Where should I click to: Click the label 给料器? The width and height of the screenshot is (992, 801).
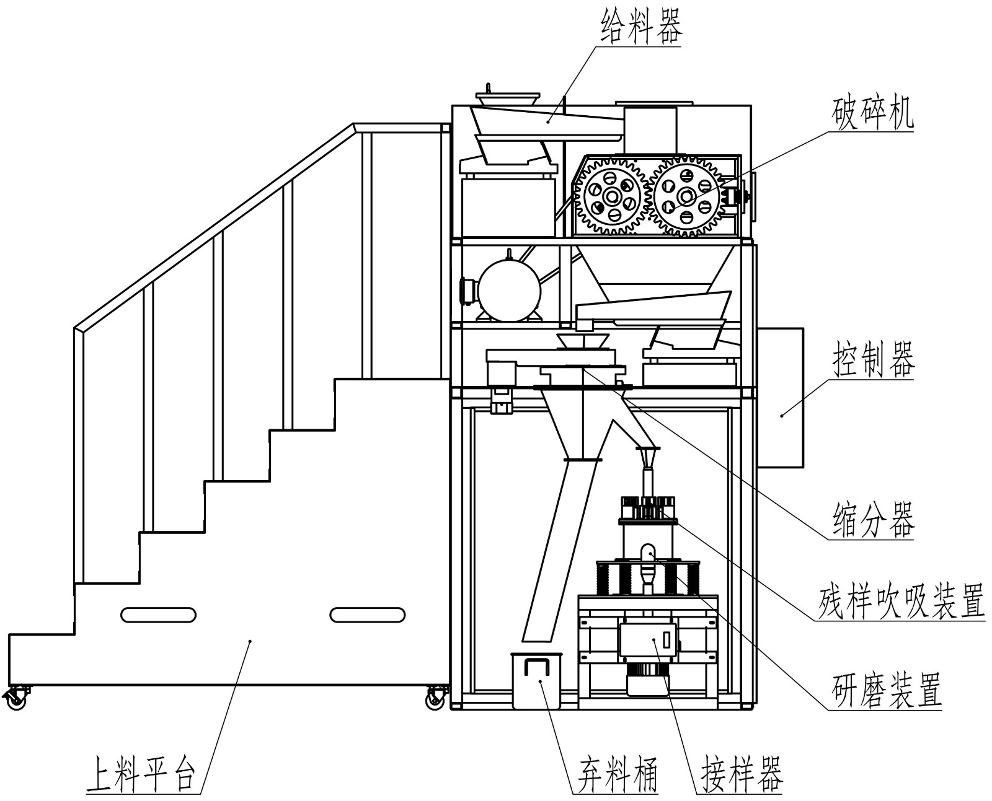(x=641, y=28)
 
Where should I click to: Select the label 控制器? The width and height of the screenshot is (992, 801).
(x=873, y=360)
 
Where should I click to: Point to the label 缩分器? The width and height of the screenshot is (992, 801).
(x=873, y=520)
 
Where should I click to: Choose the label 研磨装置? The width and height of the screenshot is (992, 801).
(x=886, y=689)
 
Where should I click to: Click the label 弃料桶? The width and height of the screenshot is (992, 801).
(x=614, y=774)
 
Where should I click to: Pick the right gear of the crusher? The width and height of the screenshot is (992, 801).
(x=686, y=197)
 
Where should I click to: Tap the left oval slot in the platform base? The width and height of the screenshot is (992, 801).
(x=159, y=615)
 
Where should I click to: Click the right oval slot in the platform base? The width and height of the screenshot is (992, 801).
(x=367, y=615)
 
